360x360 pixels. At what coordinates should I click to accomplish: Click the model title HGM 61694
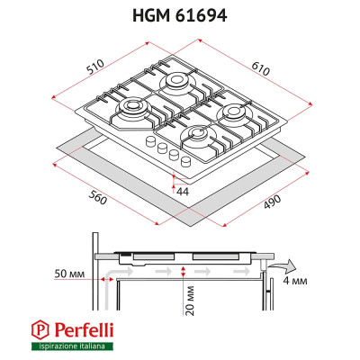tap(180, 15)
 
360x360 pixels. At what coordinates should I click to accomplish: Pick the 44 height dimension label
tap(183, 192)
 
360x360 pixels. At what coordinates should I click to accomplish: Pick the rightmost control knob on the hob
tap(184, 162)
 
